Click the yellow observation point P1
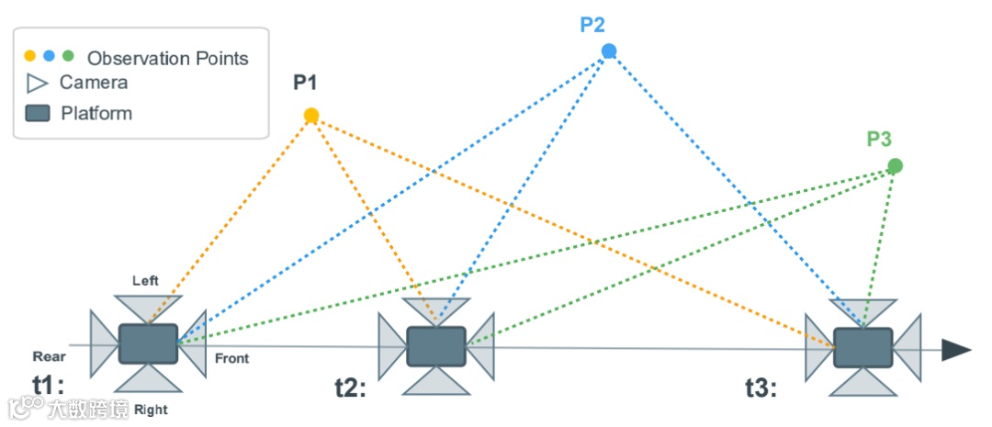(x=311, y=116)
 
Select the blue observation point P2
(x=608, y=51)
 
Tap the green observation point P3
(x=895, y=166)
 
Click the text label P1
(x=305, y=84)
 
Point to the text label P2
(x=593, y=24)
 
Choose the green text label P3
(x=879, y=140)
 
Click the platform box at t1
(x=148, y=343)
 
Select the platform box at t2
(x=436, y=345)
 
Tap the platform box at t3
(x=862, y=348)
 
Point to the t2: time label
(x=349, y=388)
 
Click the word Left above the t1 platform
(x=146, y=280)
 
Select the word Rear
(x=50, y=356)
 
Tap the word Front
(x=231, y=358)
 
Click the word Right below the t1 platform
(x=151, y=410)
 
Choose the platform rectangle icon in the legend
(x=38, y=114)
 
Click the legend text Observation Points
(x=167, y=59)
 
